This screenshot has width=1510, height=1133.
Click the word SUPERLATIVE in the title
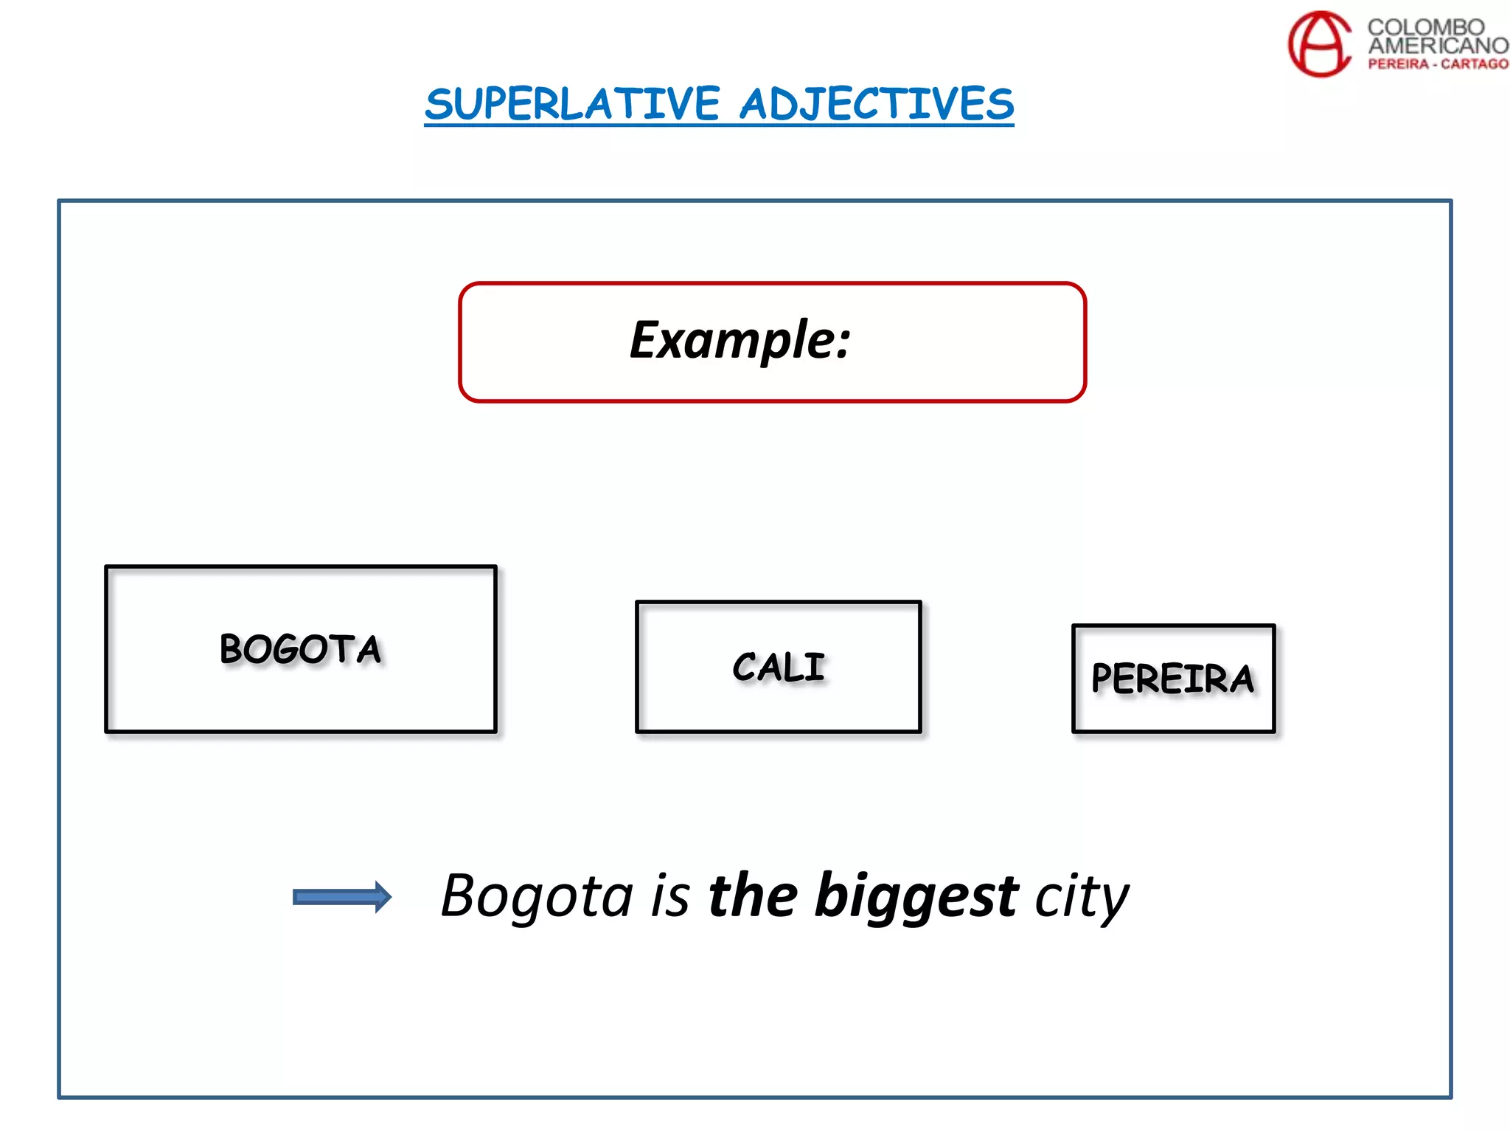pyautogui.click(x=572, y=104)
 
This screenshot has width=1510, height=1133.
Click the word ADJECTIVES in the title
pyautogui.click(x=877, y=104)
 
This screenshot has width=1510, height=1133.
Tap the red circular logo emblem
pyautogui.click(x=1320, y=44)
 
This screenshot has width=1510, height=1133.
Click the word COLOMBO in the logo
pyautogui.click(x=1426, y=27)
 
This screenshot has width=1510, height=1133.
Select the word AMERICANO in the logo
pyautogui.click(x=1438, y=46)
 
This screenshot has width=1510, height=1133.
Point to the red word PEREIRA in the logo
pyautogui.click(x=1398, y=64)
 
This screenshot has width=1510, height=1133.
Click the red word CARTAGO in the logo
pyautogui.click(x=1475, y=64)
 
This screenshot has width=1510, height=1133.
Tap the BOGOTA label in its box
pyautogui.click(x=301, y=650)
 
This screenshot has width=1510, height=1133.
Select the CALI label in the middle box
pyautogui.click(x=779, y=668)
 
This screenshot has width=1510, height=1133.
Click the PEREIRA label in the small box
pyautogui.click(x=1172, y=679)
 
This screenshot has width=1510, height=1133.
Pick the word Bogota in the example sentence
pyautogui.click(x=537, y=897)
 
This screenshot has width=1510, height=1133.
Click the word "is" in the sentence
pyautogui.click(x=671, y=897)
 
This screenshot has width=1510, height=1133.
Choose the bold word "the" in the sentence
pyautogui.click(x=752, y=895)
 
